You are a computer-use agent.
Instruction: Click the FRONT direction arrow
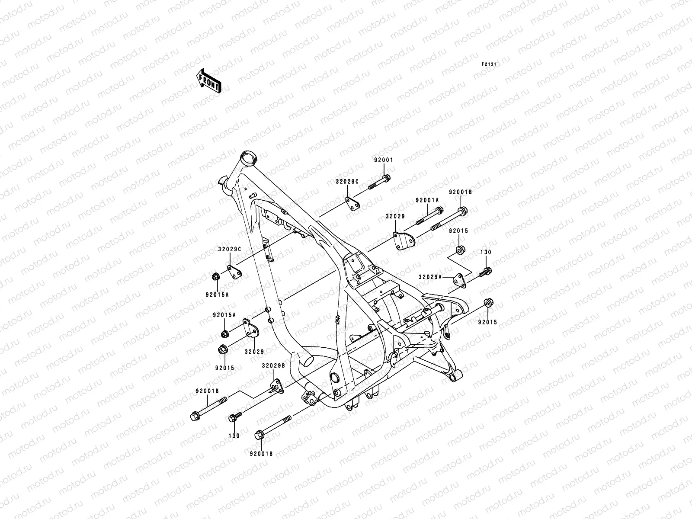[215, 80]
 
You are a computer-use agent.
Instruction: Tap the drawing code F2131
[490, 64]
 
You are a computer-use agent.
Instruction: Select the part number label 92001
[384, 160]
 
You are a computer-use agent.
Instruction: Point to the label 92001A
[427, 201]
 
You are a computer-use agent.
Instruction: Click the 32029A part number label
[430, 277]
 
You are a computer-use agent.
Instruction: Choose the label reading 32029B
[273, 366]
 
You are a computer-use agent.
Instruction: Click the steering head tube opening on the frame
[248, 156]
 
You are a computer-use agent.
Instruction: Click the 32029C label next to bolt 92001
[347, 182]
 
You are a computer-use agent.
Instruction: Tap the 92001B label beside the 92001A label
[460, 192]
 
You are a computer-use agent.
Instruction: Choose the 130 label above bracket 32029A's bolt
[486, 252]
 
